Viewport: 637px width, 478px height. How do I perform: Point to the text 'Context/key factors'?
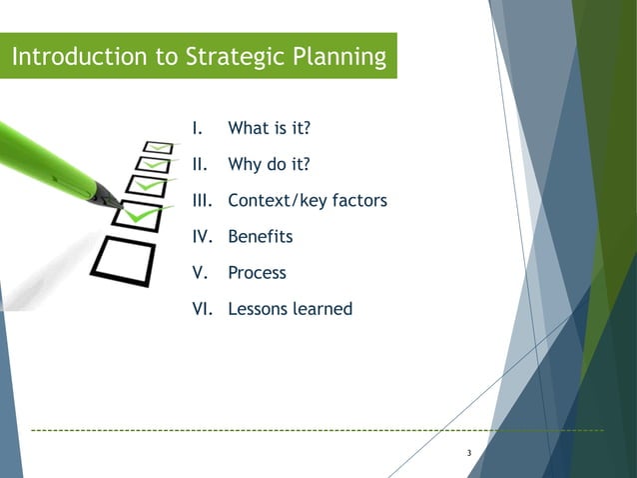[307, 200]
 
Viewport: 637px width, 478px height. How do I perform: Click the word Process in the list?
[257, 273]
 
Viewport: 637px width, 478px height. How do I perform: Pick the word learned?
[320, 309]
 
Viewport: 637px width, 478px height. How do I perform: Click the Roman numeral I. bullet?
[198, 128]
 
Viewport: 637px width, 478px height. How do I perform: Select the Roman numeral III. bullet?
[204, 200]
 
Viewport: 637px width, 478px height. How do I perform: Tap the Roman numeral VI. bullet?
[204, 309]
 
